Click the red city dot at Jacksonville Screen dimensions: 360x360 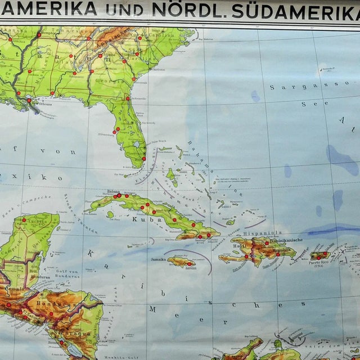[x=128, y=98]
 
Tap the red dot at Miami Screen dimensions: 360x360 [x=144, y=157]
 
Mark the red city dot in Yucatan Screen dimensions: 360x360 [x=24, y=220]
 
